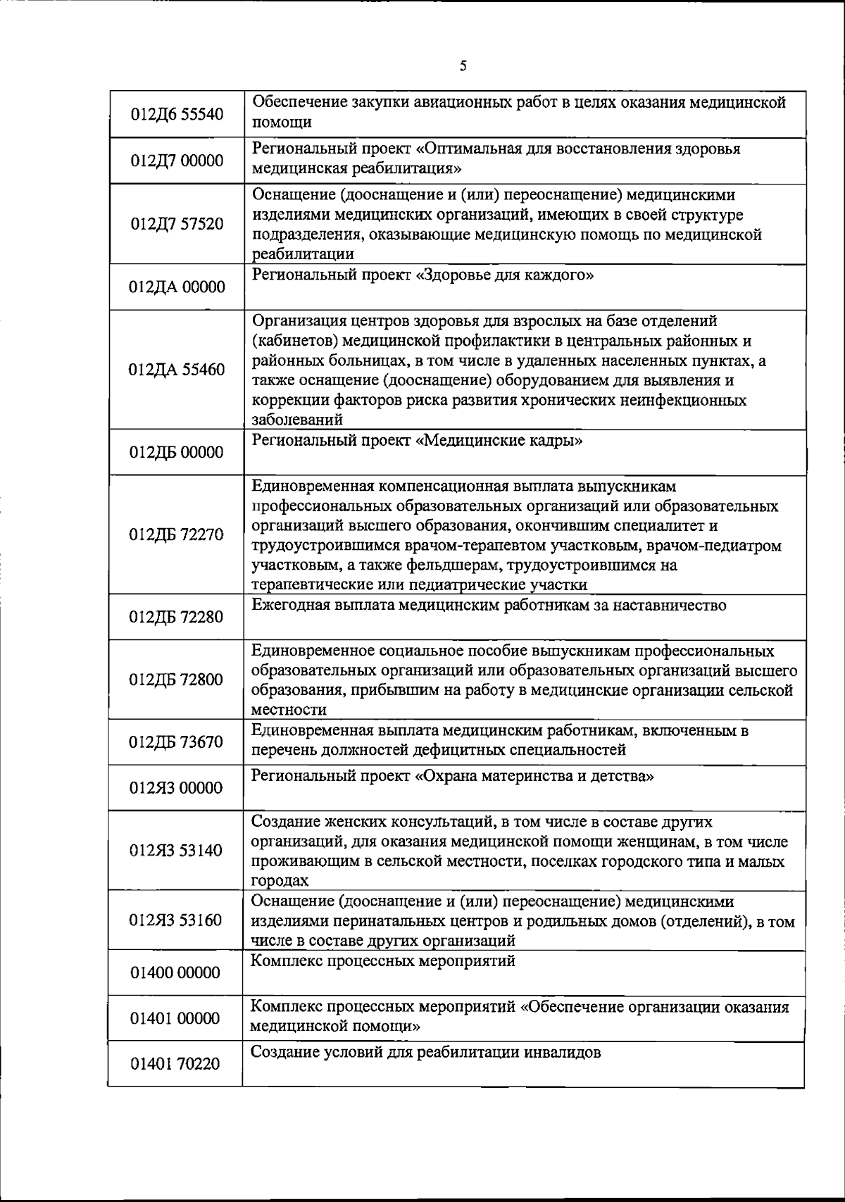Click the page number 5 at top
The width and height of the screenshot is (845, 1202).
pos(463,66)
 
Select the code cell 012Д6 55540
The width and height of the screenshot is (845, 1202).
pos(177,114)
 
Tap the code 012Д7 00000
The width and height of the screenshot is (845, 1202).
pos(177,161)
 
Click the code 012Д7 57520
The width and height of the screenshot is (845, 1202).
pos(177,224)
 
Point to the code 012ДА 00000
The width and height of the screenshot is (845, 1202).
pos(177,287)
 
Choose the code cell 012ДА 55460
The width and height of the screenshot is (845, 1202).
pos(177,370)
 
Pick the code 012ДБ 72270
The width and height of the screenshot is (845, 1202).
pos(177,534)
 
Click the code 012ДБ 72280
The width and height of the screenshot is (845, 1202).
pos(177,617)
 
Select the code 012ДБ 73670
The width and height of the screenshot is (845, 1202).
pos(177,742)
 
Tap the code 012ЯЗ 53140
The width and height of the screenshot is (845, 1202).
pos(177,850)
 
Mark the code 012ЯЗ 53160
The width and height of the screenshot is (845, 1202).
pos(177,920)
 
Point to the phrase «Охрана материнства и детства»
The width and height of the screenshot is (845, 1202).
pos(535,777)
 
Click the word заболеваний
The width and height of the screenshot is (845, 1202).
pos(297,420)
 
